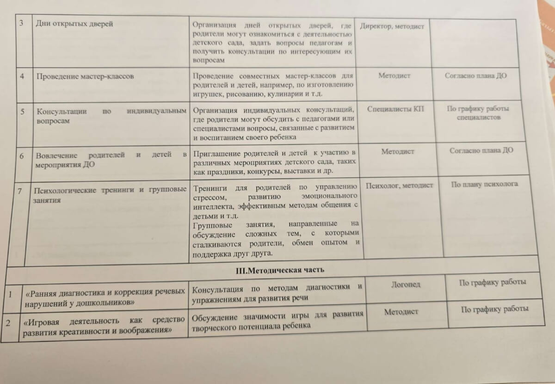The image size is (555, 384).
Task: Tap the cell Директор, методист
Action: pyautogui.click(x=392, y=27)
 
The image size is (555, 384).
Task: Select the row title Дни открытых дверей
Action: pyautogui.click(x=74, y=24)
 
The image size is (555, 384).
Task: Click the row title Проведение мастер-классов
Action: pyautogui.click(x=85, y=76)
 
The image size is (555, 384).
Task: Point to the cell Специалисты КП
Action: pyautogui.click(x=395, y=110)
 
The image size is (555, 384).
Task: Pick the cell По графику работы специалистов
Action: pyautogui.click(x=478, y=113)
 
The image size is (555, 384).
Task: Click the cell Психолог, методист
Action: pyautogui.click(x=399, y=186)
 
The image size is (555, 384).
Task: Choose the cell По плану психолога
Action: pyautogui.click(x=484, y=184)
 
